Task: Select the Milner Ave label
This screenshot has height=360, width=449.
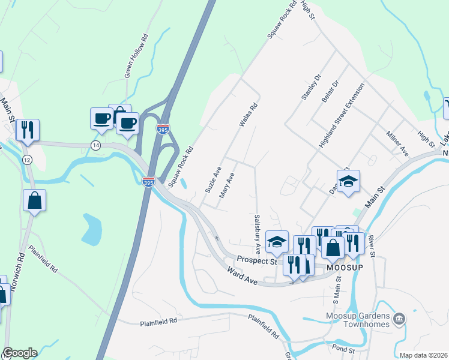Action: pos(397,143)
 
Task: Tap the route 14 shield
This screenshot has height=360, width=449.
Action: pos(95,146)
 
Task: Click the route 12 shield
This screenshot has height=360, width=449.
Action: pos(26,159)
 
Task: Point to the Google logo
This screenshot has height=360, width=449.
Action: pos(20,353)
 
